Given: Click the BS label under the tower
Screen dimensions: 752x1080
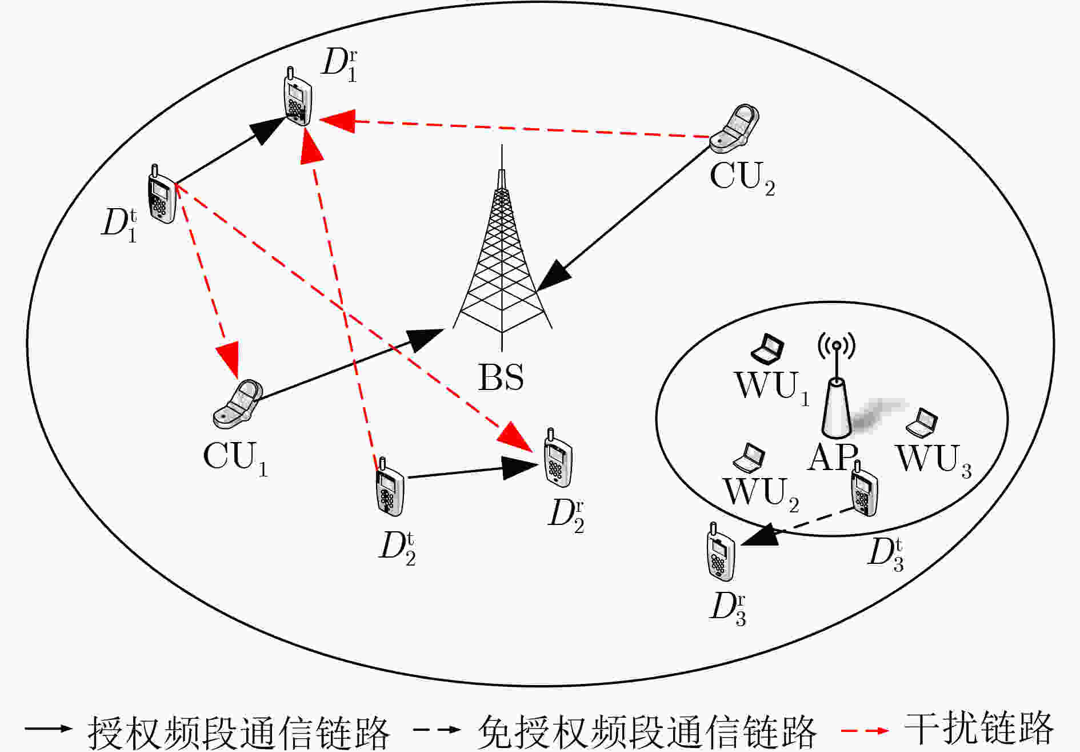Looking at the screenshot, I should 501,377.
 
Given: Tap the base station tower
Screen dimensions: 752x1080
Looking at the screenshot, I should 502,257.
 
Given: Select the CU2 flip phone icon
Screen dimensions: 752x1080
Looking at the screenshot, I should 735,129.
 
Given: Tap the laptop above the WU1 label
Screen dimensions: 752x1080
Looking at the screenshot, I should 767,349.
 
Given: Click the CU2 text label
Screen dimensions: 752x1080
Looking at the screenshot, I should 742,177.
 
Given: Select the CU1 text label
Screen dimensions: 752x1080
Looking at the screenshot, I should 235,457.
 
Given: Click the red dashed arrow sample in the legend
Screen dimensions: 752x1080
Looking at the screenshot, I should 865,730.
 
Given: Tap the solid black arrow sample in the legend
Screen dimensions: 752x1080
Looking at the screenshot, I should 48,729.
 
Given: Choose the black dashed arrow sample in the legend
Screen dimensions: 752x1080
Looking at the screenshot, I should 437,730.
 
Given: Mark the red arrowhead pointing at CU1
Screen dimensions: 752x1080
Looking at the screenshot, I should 229,359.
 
